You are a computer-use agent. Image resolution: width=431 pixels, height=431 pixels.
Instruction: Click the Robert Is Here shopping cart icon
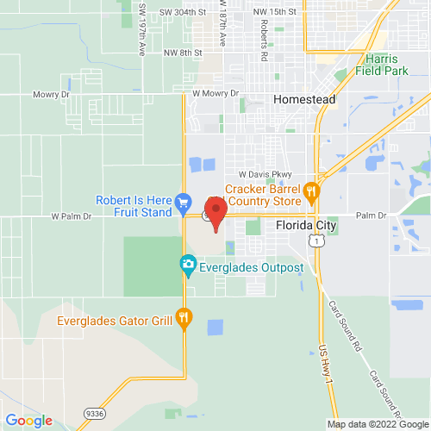pyautogui.click(x=182, y=203)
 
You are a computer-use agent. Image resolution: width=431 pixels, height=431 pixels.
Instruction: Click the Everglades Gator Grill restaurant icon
pyautogui.click(x=183, y=319)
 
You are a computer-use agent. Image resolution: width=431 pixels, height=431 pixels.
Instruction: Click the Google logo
pyautogui.click(x=28, y=420)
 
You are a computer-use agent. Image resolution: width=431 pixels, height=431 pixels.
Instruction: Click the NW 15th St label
pyautogui.click(x=277, y=12)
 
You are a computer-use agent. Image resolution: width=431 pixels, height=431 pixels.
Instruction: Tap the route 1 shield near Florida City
pyautogui.click(x=318, y=241)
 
